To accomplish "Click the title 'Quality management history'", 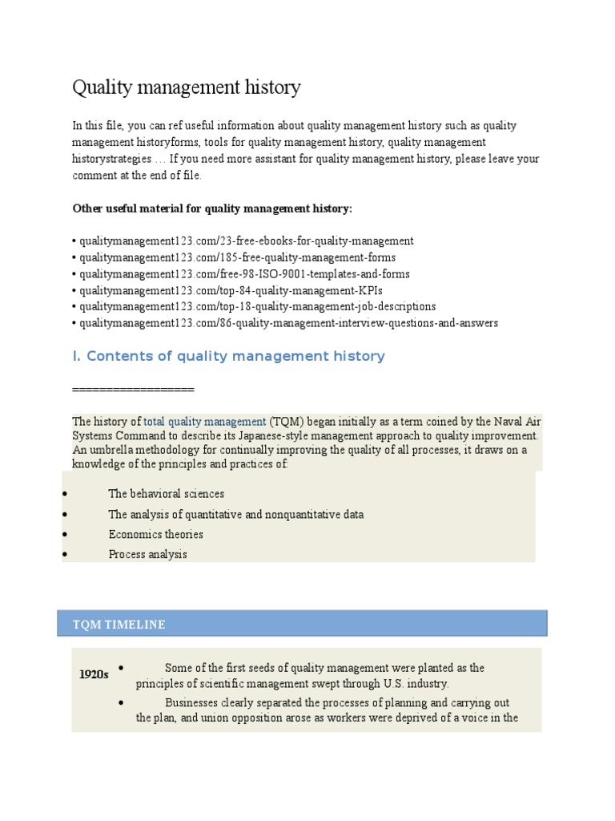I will [x=187, y=87].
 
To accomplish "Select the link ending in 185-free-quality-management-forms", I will [x=237, y=257].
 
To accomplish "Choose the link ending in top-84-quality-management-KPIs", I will [x=225, y=290].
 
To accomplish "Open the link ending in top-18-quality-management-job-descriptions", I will [x=257, y=306].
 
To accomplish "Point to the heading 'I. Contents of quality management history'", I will [x=228, y=356].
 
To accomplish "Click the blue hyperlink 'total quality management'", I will [x=204, y=421].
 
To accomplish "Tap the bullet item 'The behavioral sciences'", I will [x=166, y=494].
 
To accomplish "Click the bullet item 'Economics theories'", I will [x=155, y=534].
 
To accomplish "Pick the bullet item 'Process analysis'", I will [x=147, y=554].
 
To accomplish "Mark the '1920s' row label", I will [x=94, y=674].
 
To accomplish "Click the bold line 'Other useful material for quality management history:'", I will [x=212, y=208].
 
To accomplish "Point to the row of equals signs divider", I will [x=133, y=389].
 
